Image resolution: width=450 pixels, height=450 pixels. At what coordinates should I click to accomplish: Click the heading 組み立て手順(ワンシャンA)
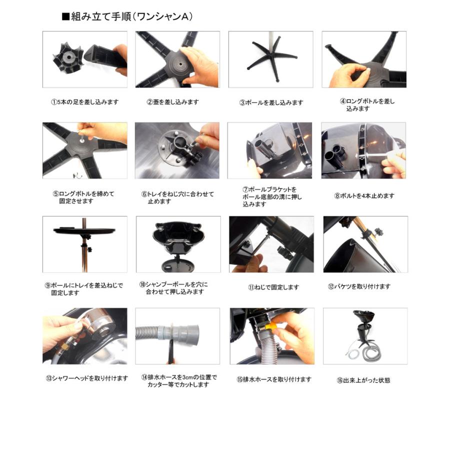tap(127, 16)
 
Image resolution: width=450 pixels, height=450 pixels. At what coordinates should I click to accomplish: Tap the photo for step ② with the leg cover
tap(177, 59)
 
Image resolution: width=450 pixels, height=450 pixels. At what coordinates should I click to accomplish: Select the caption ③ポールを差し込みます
tap(271, 102)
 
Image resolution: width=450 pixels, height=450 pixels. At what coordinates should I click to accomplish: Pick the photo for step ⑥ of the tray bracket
tap(177, 150)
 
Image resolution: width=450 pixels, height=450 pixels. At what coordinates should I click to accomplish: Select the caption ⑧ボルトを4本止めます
tap(364, 196)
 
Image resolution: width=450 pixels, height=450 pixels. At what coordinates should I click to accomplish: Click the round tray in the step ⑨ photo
tap(84, 230)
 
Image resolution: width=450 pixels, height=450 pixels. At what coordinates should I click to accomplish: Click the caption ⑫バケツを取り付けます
tap(358, 286)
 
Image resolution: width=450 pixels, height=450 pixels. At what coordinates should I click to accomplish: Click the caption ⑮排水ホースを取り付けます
tap(274, 379)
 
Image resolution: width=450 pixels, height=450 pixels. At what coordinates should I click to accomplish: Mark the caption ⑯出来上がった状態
tap(363, 380)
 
